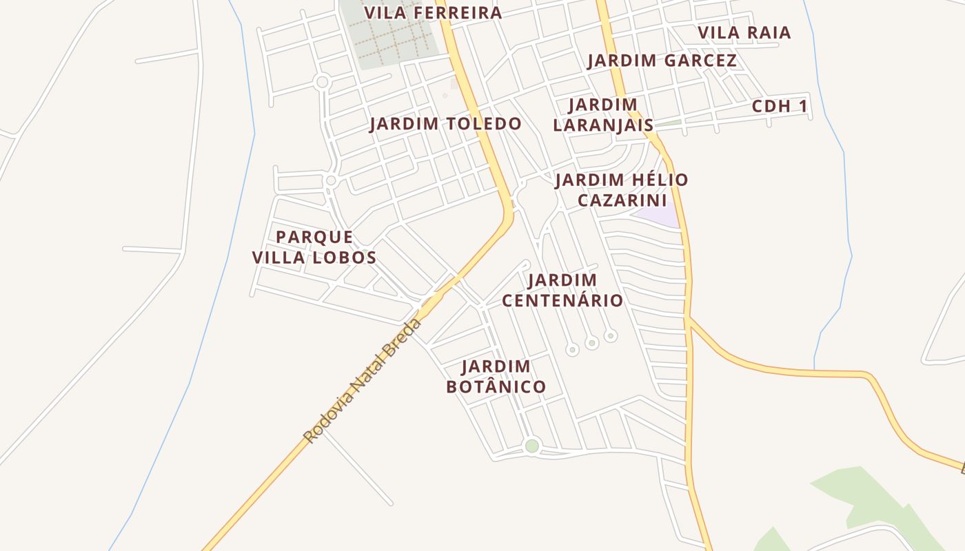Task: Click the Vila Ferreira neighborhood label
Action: [433, 13]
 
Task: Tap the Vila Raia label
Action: [744, 33]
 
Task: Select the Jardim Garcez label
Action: [662, 61]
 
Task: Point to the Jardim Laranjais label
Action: [603, 115]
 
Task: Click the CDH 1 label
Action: [779, 107]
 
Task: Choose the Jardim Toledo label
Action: [445, 124]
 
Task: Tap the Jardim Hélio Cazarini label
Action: [622, 190]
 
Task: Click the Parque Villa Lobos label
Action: [314, 247]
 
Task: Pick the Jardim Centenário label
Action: [562, 290]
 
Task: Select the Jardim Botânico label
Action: [496, 377]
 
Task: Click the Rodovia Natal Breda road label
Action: [362, 380]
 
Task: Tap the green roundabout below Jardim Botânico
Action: [531, 446]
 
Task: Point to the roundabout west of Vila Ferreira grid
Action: [321, 83]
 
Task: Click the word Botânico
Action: [496, 387]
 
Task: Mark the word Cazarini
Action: [622, 200]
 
